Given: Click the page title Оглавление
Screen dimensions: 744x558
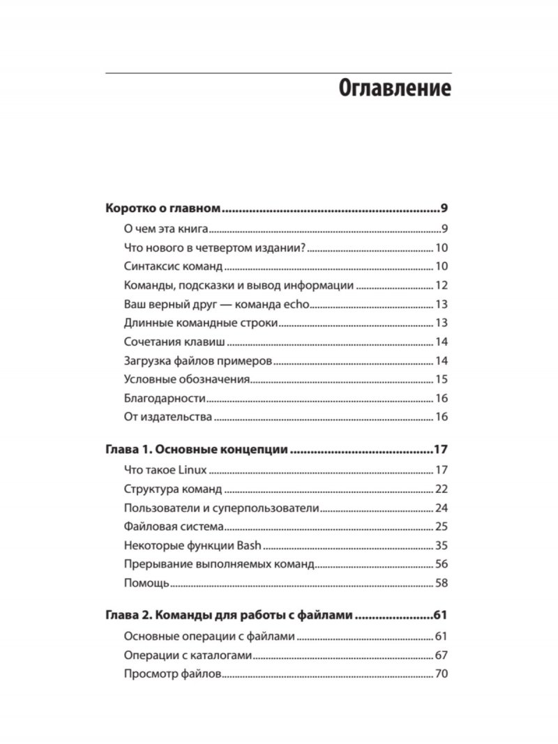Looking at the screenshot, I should [x=395, y=90].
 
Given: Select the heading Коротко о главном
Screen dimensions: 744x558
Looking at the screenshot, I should [x=163, y=209].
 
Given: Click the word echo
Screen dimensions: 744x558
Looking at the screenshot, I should [x=296, y=304].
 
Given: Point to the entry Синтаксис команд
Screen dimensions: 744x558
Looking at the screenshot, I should [x=172, y=266].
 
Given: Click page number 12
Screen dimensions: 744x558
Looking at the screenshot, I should [x=440, y=285].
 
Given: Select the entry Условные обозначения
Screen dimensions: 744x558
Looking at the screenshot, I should [x=186, y=379].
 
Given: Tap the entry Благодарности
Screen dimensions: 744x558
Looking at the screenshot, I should [x=164, y=398].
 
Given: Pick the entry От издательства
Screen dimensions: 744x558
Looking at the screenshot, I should [x=167, y=417].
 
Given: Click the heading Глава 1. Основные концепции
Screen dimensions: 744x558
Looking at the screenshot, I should [x=196, y=450].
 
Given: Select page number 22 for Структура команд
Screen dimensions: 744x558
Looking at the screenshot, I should [x=440, y=489].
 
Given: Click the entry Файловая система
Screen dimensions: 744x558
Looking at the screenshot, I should [x=173, y=526].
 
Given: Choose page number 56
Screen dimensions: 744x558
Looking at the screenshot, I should [x=440, y=564].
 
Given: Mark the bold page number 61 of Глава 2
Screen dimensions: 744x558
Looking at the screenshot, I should [x=439, y=616].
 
